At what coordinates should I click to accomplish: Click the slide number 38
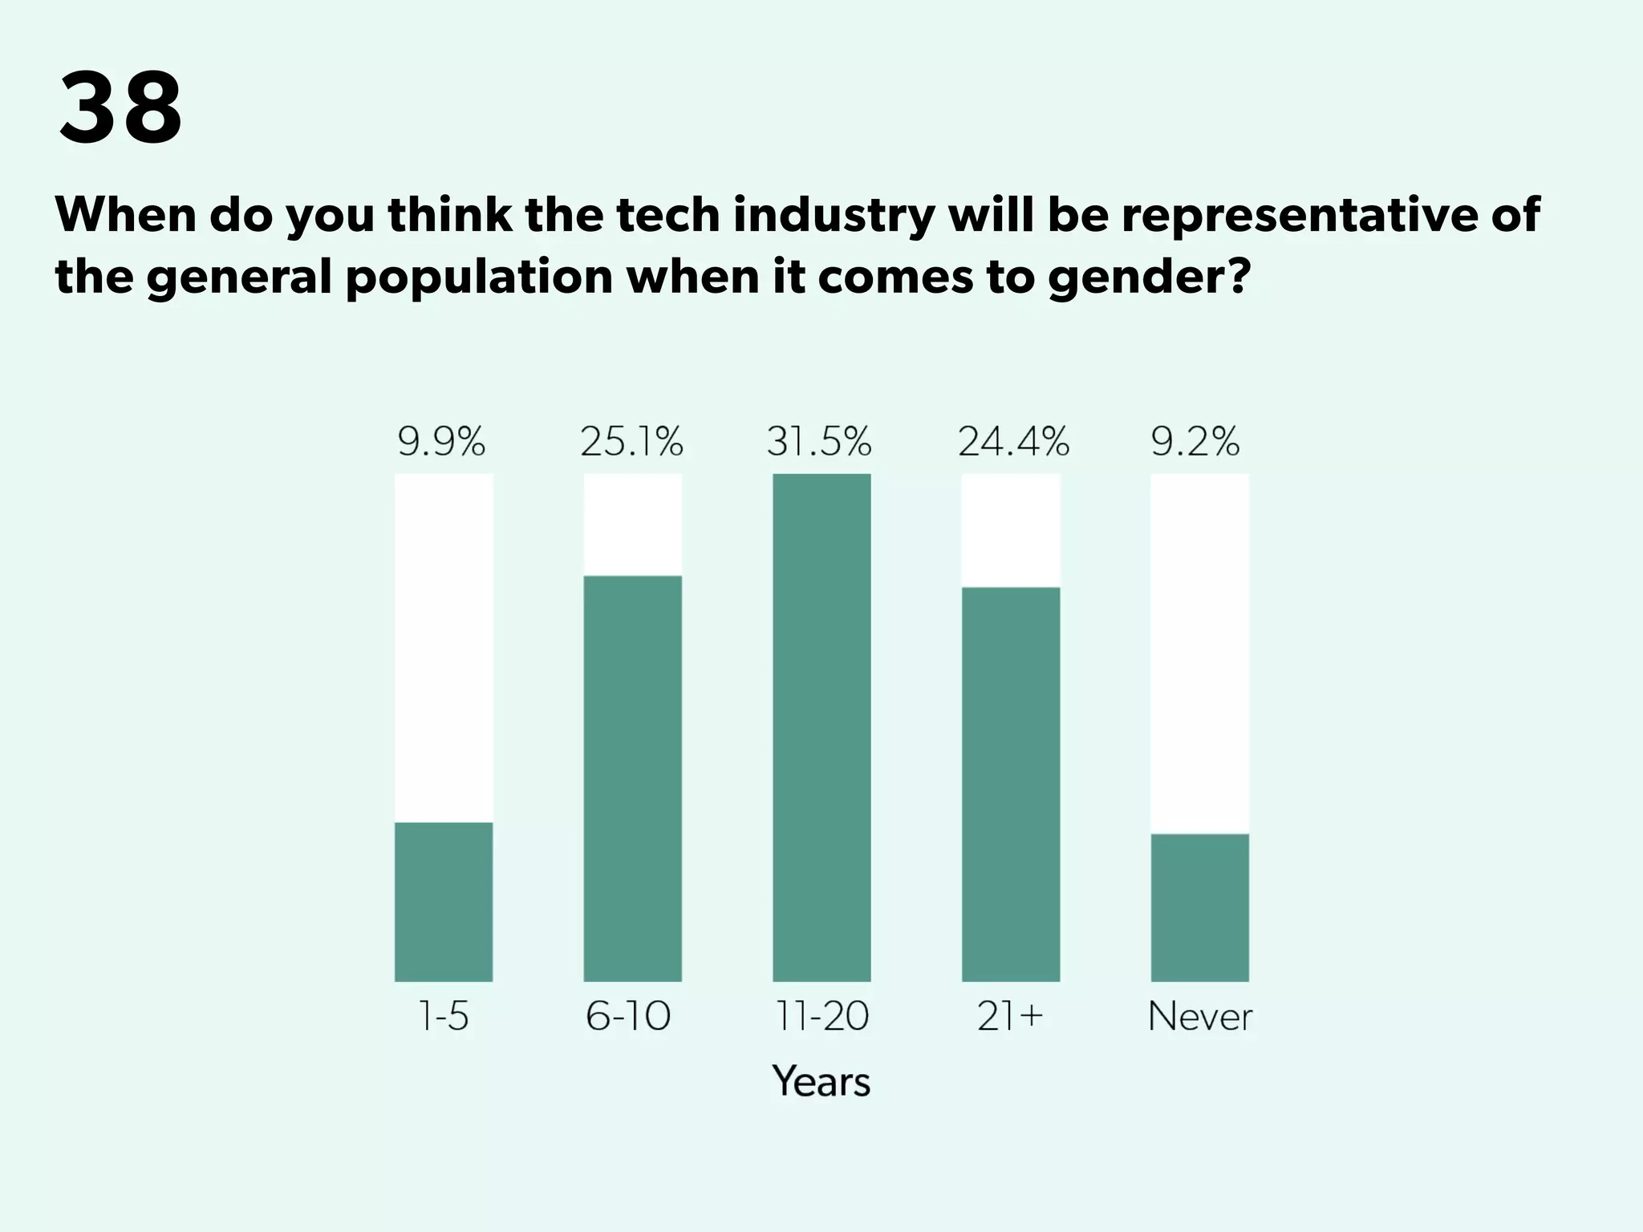tap(120, 107)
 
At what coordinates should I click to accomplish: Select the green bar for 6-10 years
tap(632, 778)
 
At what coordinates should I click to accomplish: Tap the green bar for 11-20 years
tap(821, 727)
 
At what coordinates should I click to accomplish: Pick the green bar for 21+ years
tap(1011, 784)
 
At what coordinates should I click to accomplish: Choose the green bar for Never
tap(1199, 907)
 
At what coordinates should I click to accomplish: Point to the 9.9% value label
tap(442, 442)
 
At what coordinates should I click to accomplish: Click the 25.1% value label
tap(632, 442)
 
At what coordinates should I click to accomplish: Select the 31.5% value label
tap(819, 442)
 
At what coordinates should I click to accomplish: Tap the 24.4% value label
tap(1013, 442)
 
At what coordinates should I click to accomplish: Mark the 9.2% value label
tap(1195, 442)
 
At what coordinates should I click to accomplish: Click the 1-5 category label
tap(444, 1016)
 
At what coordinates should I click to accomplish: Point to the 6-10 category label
tap(628, 1016)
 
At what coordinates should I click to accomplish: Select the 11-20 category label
tap(821, 1016)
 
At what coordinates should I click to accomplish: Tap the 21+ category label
tap(1010, 1016)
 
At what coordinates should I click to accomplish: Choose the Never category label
tap(1200, 1016)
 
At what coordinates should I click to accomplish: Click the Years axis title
tap(821, 1081)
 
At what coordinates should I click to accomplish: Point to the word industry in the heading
tap(834, 215)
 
